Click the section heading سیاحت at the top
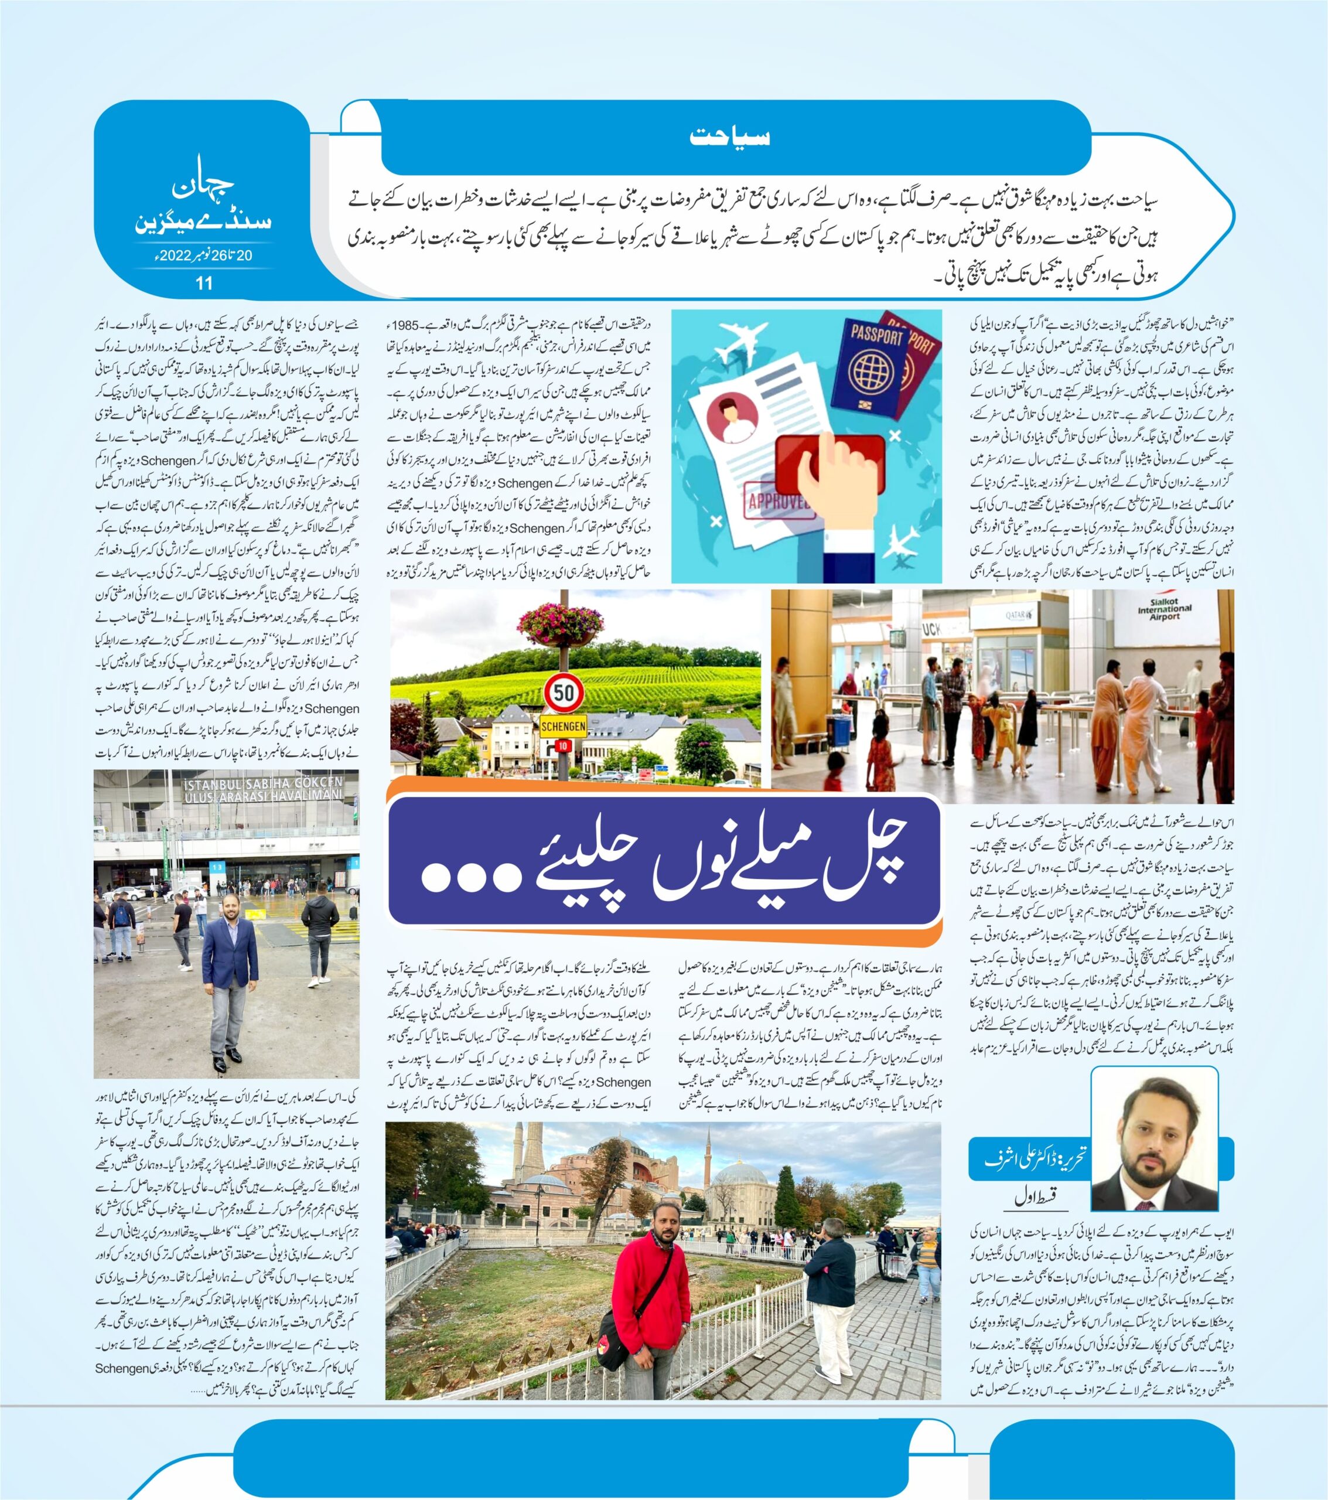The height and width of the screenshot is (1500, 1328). tap(729, 137)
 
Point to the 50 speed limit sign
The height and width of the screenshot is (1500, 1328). tap(564, 691)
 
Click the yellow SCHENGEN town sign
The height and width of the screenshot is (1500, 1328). tap(563, 727)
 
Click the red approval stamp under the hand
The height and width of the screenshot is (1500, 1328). tap(828, 462)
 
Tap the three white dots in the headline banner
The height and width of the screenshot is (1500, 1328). tap(468, 877)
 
